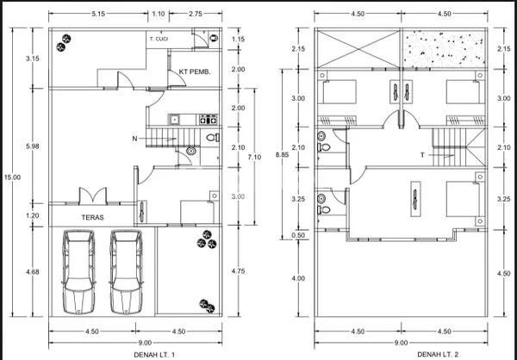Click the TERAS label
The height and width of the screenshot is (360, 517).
(93, 217)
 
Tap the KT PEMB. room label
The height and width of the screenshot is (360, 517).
(195, 71)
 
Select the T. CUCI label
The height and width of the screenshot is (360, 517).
(159, 39)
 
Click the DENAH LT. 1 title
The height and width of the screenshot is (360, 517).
(154, 355)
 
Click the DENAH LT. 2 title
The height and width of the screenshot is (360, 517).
(438, 354)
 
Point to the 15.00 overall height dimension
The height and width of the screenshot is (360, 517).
(12, 177)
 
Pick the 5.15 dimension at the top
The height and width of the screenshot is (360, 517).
(98, 14)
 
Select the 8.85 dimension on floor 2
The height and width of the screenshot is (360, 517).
(283, 154)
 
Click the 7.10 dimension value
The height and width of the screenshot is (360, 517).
(254, 157)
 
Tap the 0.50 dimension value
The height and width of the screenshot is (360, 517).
(298, 235)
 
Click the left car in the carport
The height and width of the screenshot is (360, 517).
(78, 272)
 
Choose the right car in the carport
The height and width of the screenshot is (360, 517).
(127, 272)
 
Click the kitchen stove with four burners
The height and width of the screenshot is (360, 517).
(209, 120)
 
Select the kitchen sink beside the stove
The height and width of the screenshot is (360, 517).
(174, 120)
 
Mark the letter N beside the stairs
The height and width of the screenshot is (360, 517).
(134, 139)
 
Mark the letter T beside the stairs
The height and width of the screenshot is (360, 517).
(422, 155)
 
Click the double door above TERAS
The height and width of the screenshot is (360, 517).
(93, 196)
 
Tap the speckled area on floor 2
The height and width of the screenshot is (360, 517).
(444, 49)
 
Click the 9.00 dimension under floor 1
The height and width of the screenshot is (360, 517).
(145, 343)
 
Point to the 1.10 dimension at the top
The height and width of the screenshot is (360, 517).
(159, 14)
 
